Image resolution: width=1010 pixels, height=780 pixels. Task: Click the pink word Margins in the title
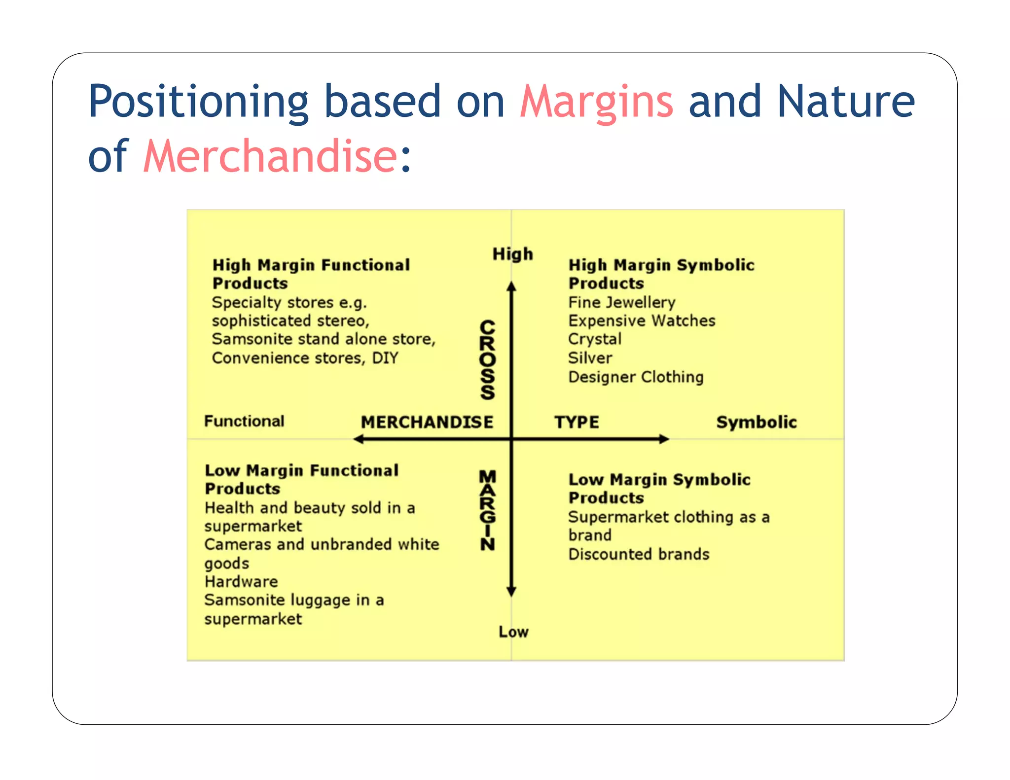tap(597, 102)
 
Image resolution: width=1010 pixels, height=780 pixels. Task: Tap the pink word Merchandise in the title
tap(270, 156)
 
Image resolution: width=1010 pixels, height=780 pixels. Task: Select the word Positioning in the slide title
tap(198, 102)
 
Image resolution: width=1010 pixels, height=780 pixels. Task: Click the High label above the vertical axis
tap(512, 254)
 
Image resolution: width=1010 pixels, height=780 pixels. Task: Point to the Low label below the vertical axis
tap(513, 632)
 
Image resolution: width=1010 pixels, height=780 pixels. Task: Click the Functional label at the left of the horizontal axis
tap(244, 421)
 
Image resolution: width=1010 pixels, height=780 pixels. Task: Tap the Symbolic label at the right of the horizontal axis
tap(756, 422)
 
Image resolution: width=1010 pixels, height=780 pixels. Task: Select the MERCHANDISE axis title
tap(427, 422)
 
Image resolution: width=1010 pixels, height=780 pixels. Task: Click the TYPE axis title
tap(577, 422)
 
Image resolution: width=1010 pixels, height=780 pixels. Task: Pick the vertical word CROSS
tap(487, 360)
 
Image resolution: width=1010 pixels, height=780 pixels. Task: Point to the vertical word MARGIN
tap(487, 510)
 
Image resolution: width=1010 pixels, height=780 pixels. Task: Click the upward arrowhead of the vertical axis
tap(511, 286)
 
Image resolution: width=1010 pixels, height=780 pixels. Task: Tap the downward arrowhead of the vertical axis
tap(511, 592)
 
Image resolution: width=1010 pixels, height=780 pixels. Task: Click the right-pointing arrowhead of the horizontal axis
tap(664, 439)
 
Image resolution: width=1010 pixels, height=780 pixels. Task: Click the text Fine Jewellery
tap(621, 302)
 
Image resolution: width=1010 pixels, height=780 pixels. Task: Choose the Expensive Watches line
tap(641, 320)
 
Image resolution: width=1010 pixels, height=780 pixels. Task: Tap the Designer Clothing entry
tap(636, 377)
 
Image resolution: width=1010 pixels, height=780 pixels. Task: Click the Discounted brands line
tap(639, 554)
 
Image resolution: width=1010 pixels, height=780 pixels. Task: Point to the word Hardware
tap(241, 582)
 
